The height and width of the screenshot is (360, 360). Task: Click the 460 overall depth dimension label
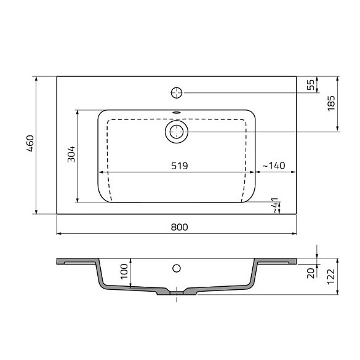(30, 144)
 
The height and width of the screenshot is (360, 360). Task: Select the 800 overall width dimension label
(179, 227)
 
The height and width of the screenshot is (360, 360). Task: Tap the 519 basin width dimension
(179, 166)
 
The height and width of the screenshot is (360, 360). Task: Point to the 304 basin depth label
(71, 154)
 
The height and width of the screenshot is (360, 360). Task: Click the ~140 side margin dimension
(274, 166)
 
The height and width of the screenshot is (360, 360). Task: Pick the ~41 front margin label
(274, 206)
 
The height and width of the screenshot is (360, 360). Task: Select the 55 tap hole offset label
(311, 85)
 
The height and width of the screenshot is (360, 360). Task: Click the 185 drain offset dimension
(331, 103)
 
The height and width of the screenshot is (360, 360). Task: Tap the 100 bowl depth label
(124, 271)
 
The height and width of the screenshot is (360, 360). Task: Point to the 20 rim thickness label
(311, 273)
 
